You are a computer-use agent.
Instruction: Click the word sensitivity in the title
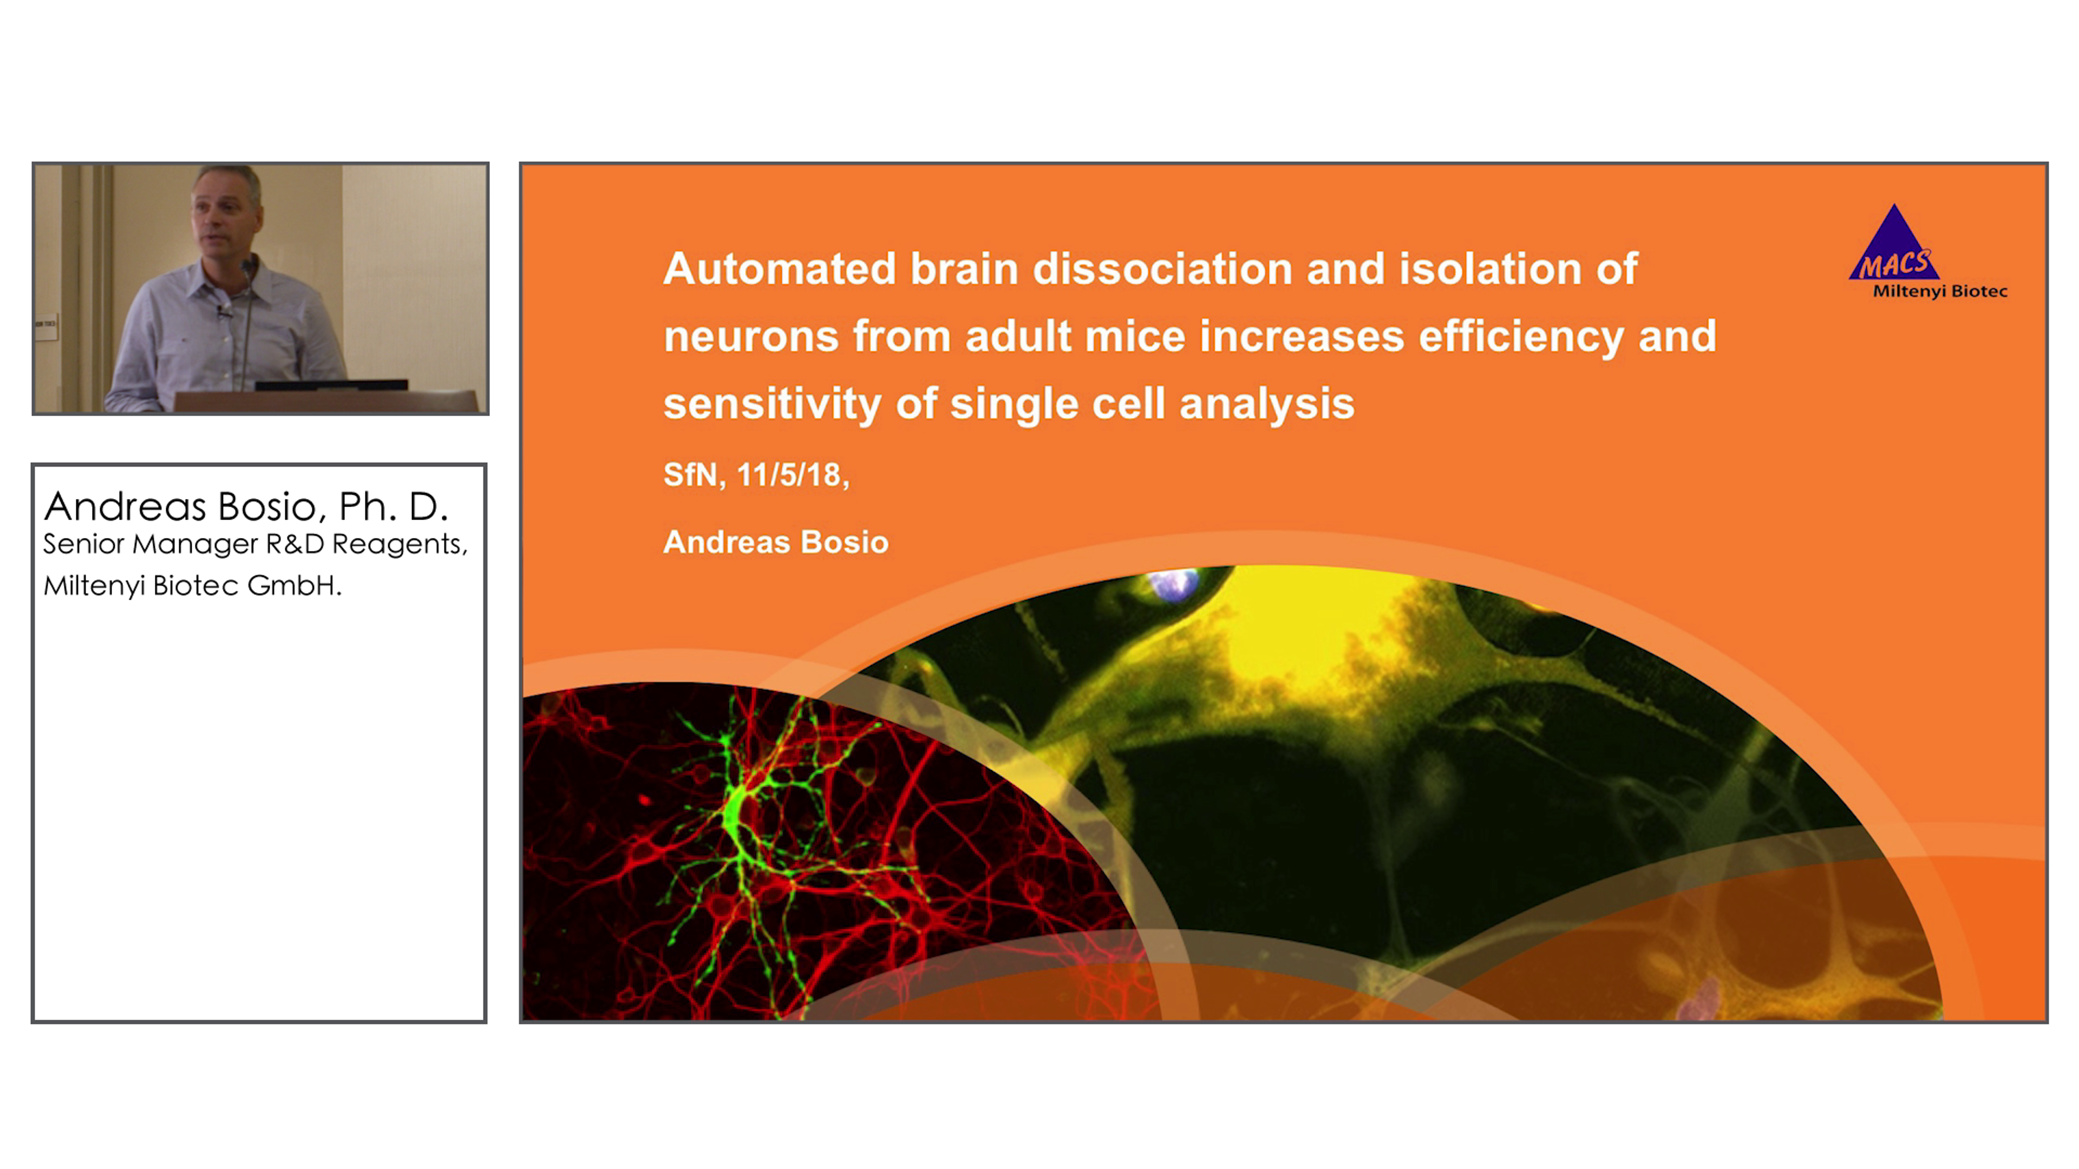773,405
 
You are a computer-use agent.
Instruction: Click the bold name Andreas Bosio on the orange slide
776,542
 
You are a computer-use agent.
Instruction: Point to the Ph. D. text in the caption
393,507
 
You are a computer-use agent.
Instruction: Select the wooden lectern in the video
327,401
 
